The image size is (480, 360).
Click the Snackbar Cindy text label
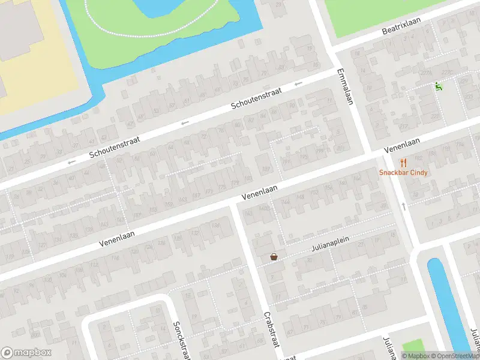pos(403,173)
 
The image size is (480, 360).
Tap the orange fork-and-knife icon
pos(403,163)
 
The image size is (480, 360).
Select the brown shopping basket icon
pos(274,257)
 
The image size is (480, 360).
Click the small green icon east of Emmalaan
pos(438,86)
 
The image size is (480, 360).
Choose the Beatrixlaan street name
pos(401,26)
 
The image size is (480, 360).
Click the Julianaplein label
pos(330,242)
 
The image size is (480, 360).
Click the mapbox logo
pos(26,353)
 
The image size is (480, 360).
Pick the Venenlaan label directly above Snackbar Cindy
pos(401,144)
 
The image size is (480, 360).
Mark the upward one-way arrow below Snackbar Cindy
pos(404,206)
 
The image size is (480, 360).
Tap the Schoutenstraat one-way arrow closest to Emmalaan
pos(298,84)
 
